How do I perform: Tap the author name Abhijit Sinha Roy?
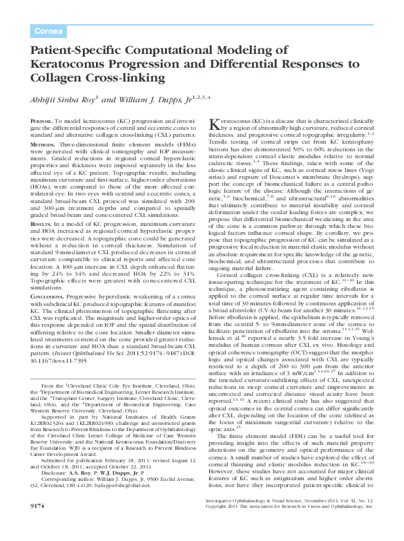coord(66,99)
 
